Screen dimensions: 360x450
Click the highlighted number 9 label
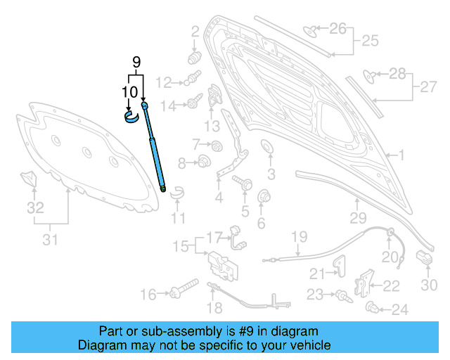[138, 62]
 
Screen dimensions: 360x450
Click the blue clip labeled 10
[131, 115]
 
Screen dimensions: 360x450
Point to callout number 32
[35, 208]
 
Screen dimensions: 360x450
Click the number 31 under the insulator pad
[49, 240]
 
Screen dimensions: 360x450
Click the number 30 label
[429, 284]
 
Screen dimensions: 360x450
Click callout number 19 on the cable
[300, 236]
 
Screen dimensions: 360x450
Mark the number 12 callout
[164, 83]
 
